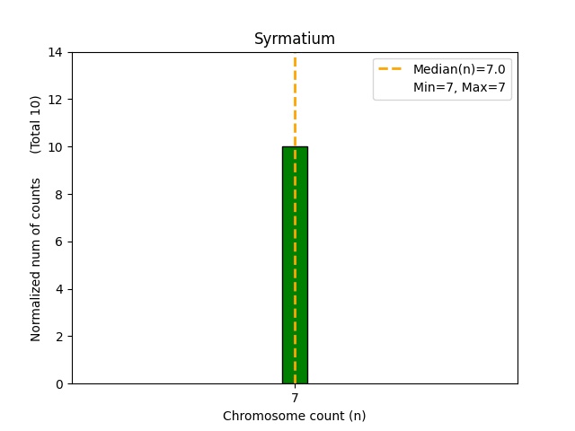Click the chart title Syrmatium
(295, 39)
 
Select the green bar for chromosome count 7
(295, 265)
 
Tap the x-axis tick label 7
(295, 398)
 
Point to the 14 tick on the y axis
(56, 52)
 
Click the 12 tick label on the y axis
(56, 100)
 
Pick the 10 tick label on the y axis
(56, 147)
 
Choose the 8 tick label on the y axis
(59, 195)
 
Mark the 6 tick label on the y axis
(59, 242)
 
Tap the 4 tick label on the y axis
(59, 289)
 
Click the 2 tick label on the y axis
(59, 337)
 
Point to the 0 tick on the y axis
(59, 384)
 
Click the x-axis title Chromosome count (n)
(294, 416)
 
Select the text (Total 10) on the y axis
(35, 125)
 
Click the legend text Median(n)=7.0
(459, 69)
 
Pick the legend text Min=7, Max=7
(459, 87)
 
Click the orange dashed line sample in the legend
(390, 68)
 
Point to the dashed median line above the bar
(295, 101)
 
